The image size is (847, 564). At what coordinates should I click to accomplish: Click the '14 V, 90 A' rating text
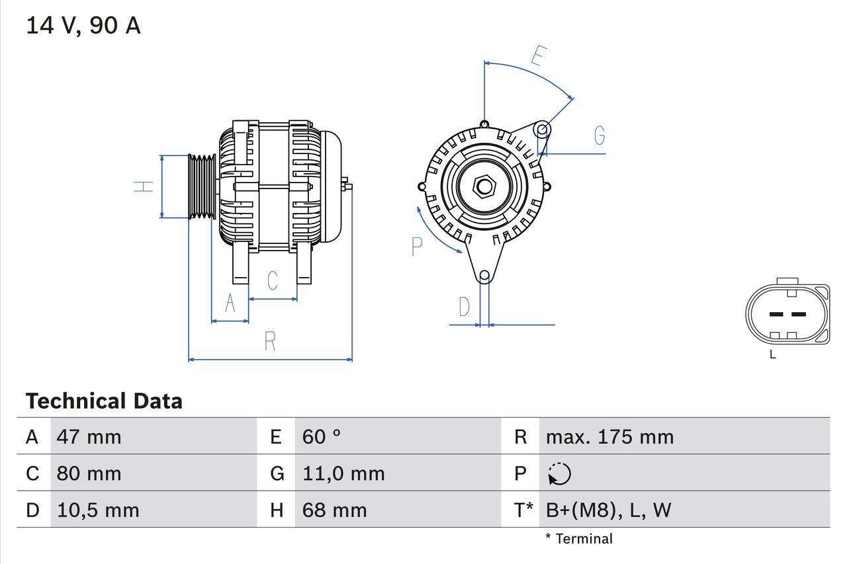[x=83, y=26]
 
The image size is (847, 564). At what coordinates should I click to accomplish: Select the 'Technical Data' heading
[x=104, y=401]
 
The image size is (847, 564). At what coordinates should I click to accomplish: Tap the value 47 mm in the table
[x=89, y=437]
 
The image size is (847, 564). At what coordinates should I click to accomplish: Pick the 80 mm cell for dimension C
[x=89, y=473]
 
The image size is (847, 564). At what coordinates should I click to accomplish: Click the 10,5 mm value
[x=98, y=510]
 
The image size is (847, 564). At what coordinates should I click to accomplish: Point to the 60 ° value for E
[x=322, y=437]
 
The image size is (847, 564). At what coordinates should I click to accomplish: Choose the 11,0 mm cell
[x=343, y=473]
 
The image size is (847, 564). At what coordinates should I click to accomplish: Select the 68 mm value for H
[x=334, y=510]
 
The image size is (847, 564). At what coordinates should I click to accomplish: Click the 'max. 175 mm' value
[x=609, y=437]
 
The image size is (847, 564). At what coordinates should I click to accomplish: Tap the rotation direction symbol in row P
[x=559, y=473]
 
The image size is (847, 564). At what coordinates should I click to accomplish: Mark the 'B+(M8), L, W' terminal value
[x=608, y=510]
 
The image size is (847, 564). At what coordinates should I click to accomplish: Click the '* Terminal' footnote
[x=579, y=539]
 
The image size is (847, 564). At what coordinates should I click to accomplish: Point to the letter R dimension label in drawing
[x=270, y=342]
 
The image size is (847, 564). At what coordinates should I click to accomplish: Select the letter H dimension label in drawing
[x=144, y=186]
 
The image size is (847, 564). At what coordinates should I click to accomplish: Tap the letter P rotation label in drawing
[x=416, y=247]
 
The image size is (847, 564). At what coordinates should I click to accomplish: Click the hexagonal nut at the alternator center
[x=484, y=186]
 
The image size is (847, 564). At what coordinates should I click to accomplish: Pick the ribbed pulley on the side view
[x=202, y=187]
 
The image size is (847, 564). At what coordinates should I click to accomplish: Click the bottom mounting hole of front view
[x=484, y=276]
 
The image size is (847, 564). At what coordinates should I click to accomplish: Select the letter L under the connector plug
[x=772, y=355]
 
